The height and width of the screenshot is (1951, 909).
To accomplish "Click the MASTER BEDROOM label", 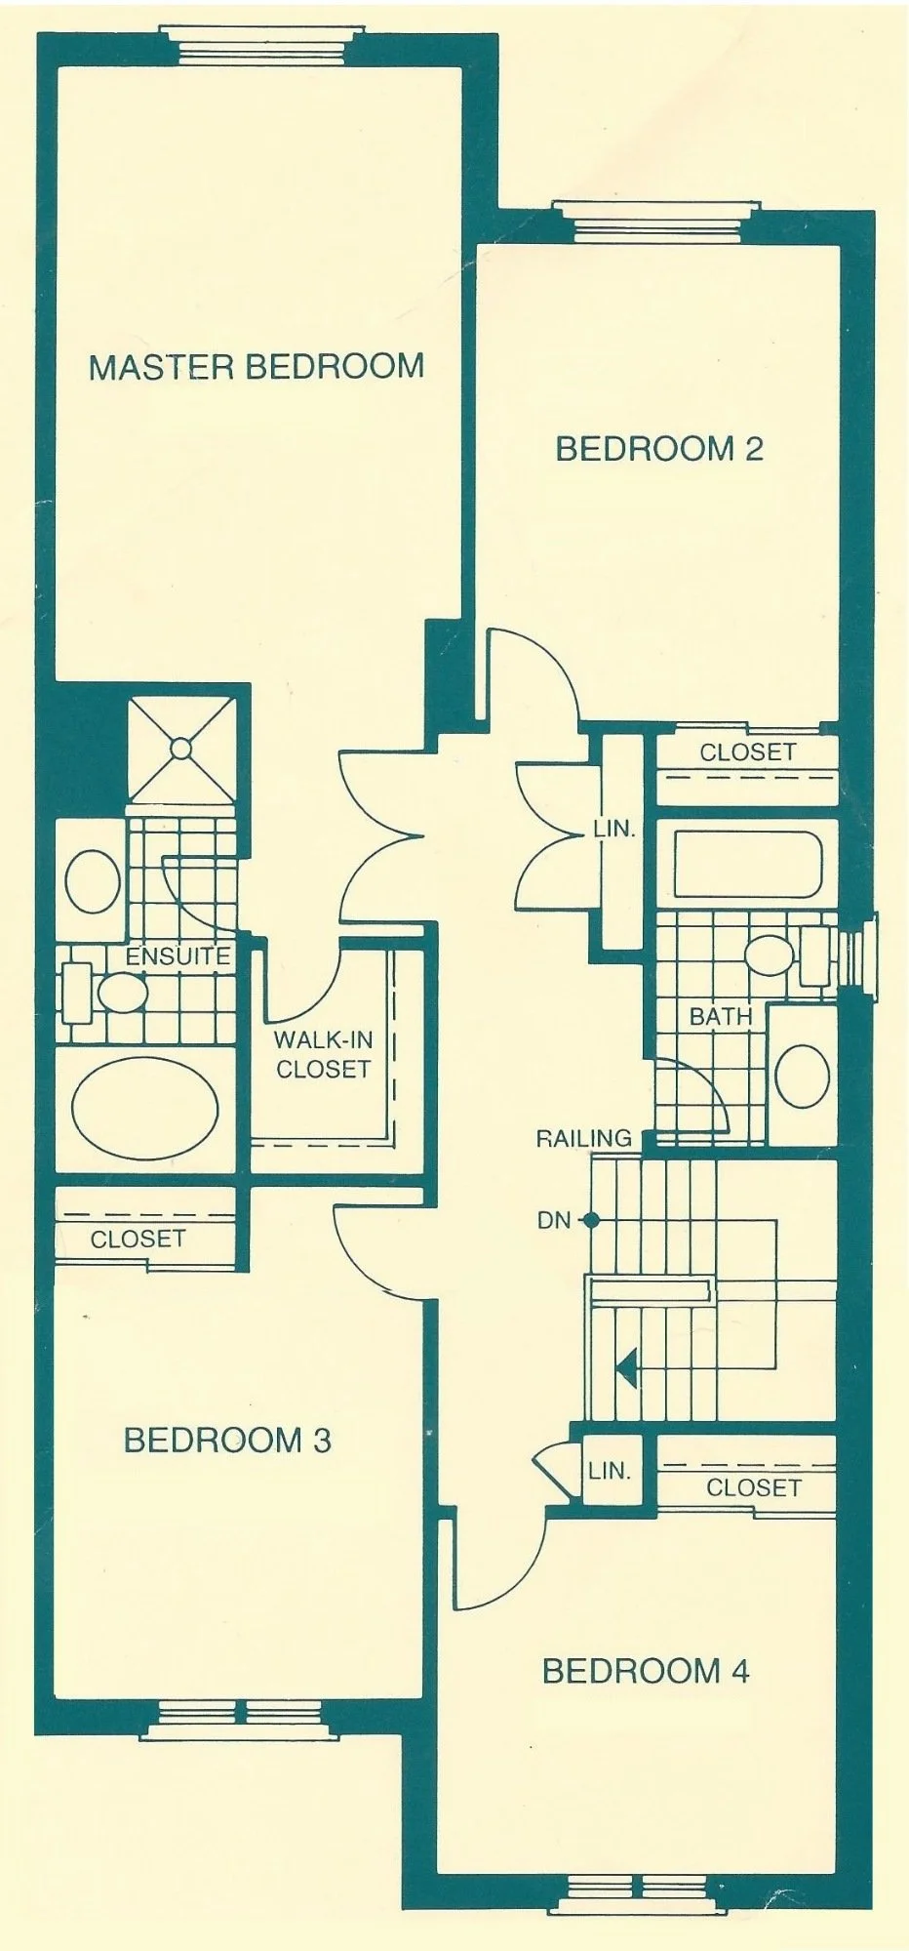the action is [x=257, y=367].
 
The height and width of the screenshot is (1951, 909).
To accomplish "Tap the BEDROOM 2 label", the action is [x=659, y=449].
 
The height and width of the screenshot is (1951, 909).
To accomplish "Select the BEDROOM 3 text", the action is [x=227, y=1440].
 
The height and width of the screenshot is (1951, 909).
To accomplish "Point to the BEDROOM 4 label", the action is [x=646, y=1671].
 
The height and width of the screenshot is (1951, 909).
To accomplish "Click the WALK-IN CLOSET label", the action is [x=323, y=1054].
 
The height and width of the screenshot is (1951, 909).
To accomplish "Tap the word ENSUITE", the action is [x=178, y=955].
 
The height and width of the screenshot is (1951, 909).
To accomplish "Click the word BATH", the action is [x=721, y=1016].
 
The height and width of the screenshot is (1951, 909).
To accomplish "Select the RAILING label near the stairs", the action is [x=584, y=1137].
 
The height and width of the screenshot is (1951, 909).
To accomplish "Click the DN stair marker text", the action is [x=553, y=1219].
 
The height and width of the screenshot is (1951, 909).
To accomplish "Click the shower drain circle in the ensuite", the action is [x=181, y=749].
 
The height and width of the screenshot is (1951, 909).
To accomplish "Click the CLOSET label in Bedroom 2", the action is [x=747, y=752].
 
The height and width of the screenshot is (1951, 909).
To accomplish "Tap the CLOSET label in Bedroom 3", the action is [x=138, y=1239].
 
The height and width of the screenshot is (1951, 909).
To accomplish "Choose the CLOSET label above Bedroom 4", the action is [x=753, y=1487].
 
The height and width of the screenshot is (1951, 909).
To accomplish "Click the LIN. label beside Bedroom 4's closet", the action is [x=609, y=1470].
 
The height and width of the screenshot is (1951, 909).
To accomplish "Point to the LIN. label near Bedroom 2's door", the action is [x=614, y=831].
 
